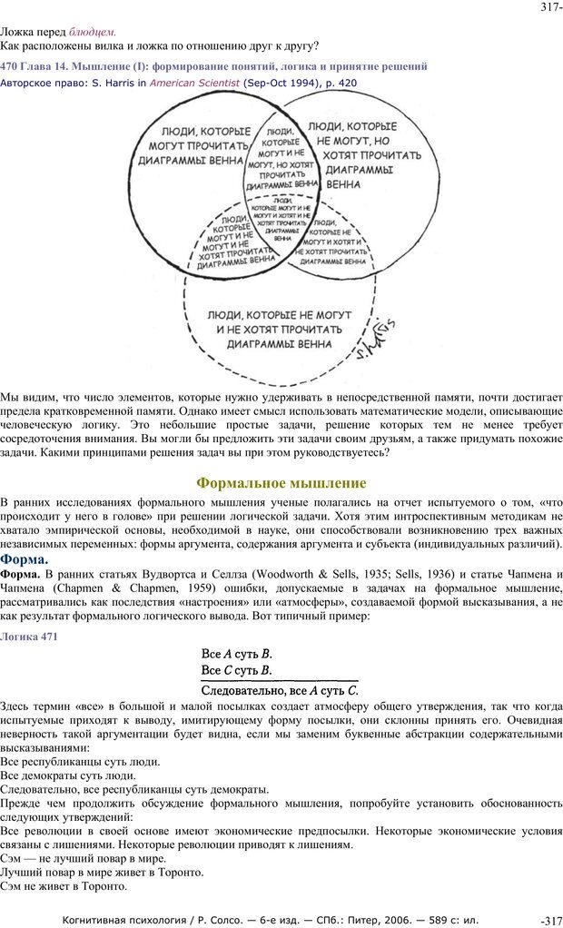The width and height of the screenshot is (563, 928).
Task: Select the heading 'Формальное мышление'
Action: pos(281,482)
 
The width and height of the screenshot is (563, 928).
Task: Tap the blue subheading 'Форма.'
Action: pos(25,559)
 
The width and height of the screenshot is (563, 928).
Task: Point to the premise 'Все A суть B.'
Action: pos(236,654)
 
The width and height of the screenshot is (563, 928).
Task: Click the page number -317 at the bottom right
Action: pos(551,920)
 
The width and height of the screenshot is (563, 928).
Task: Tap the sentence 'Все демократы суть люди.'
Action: pos(68,775)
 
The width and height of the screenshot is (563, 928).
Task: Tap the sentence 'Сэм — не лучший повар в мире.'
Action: pos(83,858)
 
